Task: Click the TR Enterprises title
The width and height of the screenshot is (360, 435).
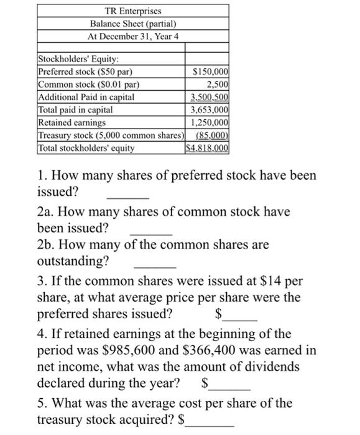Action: pyautogui.click(x=132, y=12)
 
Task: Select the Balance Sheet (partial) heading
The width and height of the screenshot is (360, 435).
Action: pyautogui.click(x=132, y=24)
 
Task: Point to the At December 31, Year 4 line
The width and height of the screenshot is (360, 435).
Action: pyautogui.click(x=132, y=35)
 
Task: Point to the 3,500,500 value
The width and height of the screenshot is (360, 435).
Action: pyautogui.click(x=210, y=97)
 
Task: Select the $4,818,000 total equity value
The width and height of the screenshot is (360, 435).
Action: pyautogui.click(x=208, y=148)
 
